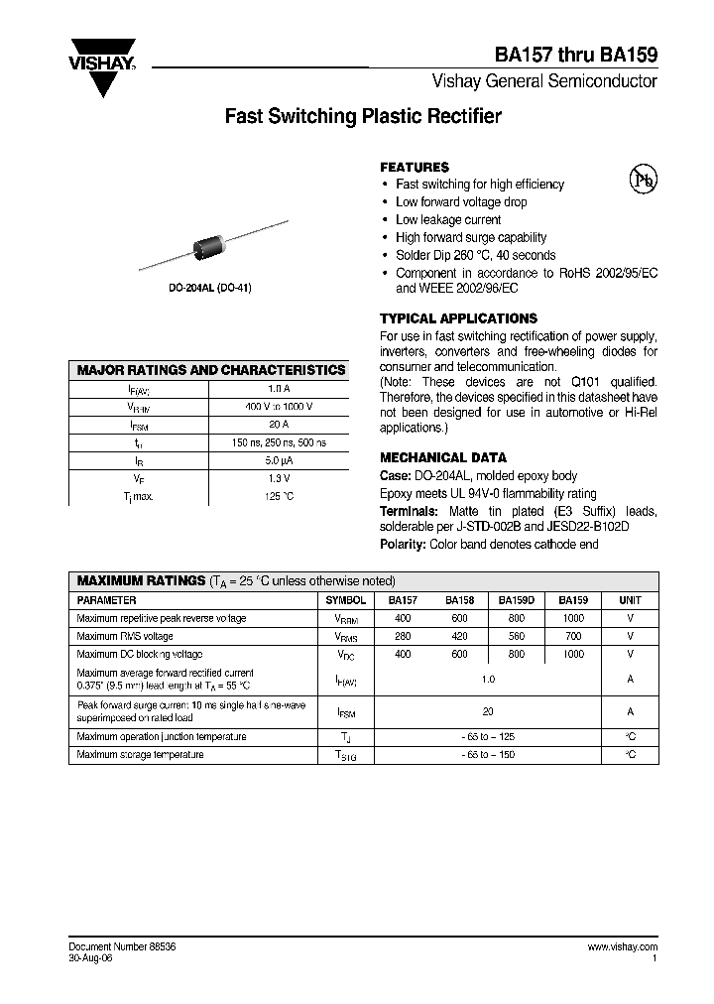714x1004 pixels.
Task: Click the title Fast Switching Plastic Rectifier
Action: tap(363, 117)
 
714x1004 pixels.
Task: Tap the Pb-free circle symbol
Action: tap(644, 179)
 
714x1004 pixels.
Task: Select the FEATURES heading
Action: tap(415, 168)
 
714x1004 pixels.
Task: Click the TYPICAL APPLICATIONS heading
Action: tap(458, 318)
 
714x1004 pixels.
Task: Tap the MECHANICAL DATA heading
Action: tap(443, 458)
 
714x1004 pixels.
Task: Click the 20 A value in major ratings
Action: tap(279, 425)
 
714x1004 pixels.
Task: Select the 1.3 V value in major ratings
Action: tap(279, 478)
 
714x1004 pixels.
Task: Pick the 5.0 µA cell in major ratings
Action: tap(279, 460)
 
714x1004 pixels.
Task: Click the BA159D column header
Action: tap(517, 600)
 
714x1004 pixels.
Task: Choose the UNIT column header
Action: tap(630, 600)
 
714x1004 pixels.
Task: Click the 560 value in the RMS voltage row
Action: tap(517, 636)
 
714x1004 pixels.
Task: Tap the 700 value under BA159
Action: tap(572, 636)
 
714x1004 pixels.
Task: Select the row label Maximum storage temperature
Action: tap(141, 755)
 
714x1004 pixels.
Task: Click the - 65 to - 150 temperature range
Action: tap(487, 755)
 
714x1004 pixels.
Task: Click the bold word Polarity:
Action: tap(404, 545)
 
